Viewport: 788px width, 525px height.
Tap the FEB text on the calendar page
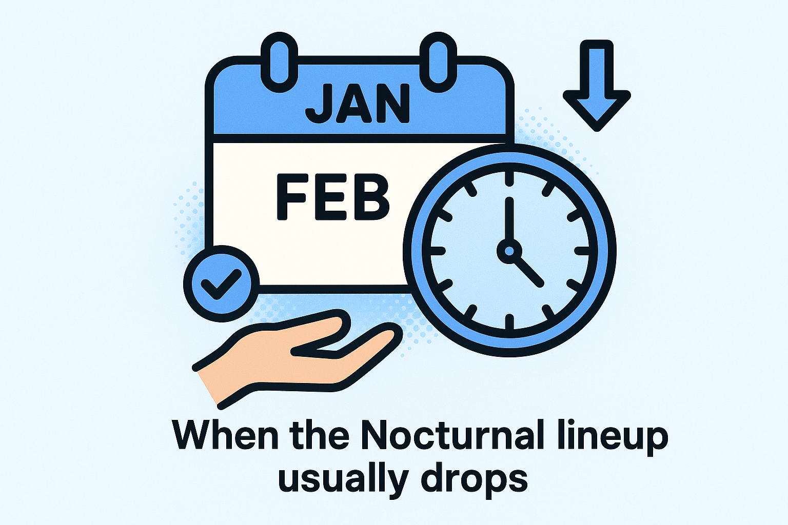(333, 197)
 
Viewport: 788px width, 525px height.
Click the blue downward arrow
(597, 87)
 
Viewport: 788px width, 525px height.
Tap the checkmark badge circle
(221, 284)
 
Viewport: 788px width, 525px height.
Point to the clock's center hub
(509, 251)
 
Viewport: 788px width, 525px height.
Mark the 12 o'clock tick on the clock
(509, 178)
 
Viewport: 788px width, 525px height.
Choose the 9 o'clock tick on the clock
(437, 251)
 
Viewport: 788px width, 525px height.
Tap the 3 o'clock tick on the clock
(583, 251)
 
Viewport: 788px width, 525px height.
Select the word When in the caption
(226, 436)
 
